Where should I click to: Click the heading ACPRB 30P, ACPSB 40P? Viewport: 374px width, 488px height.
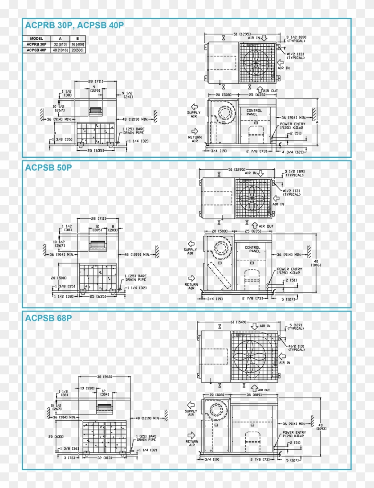click(x=74, y=25)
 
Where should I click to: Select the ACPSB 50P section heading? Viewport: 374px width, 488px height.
click(x=48, y=168)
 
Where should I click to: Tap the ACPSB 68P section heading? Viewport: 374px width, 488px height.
click(x=48, y=318)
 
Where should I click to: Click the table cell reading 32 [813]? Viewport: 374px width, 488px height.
click(x=61, y=45)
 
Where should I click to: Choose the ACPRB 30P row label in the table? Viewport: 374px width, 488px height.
click(x=36, y=45)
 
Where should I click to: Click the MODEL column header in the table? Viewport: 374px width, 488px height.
click(x=36, y=39)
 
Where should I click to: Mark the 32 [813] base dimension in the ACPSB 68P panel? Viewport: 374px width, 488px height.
click(x=106, y=458)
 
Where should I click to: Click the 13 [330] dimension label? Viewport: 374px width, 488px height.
click(x=87, y=388)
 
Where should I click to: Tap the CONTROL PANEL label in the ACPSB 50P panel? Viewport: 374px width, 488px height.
click(x=252, y=249)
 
